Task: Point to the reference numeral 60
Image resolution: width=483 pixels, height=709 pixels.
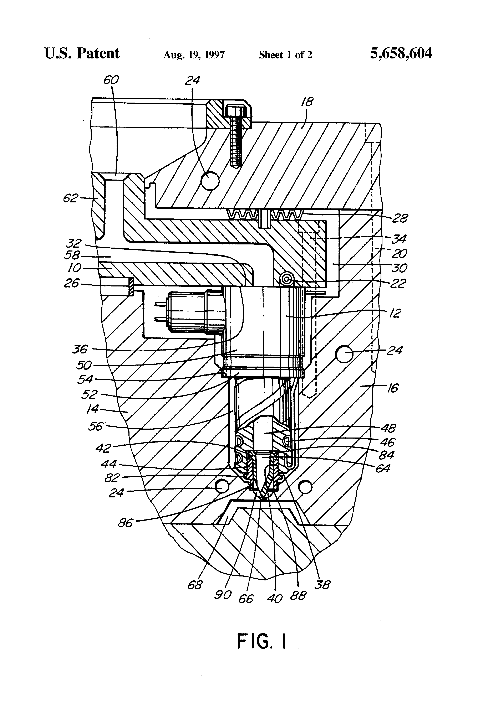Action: pyautogui.click(x=111, y=80)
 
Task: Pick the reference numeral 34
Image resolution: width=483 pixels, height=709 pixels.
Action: pyautogui.click(x=399, y=239)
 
